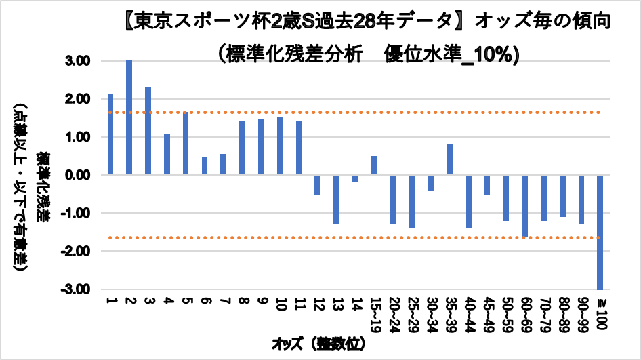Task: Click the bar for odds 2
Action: pos(129,117)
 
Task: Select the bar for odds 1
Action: pos(110,134)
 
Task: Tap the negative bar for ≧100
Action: pos(600,232)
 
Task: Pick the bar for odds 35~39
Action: pos(449,159)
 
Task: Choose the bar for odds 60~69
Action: pos(524,205)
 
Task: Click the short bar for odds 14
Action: pos(355,178)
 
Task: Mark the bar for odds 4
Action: pos(167,154)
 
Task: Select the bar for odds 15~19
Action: pos(374,165)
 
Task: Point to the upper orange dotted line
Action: pos(352,113)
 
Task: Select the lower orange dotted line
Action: pos(352,238)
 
